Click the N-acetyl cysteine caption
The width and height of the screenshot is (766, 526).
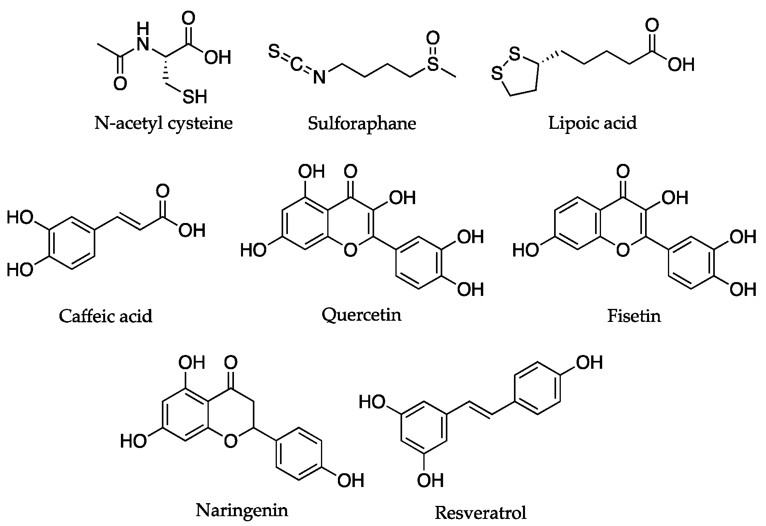[163, 124]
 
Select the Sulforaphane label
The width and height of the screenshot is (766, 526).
[362, 124]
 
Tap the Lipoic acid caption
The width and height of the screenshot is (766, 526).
[592, 123]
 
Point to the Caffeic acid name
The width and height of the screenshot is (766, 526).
[106, 316]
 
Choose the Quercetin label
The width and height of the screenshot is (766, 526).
[361, 315]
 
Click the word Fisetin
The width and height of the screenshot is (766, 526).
[634, 316]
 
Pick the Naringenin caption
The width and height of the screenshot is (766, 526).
[242, 511]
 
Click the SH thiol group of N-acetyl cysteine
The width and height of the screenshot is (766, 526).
[195, 97]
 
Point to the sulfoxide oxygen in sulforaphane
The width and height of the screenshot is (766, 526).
[433, 39]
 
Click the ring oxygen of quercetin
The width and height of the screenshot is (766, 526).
[350, 250]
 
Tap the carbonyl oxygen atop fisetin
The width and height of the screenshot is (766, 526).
[623, 171]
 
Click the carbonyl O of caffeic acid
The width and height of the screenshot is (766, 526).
[162, 191]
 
